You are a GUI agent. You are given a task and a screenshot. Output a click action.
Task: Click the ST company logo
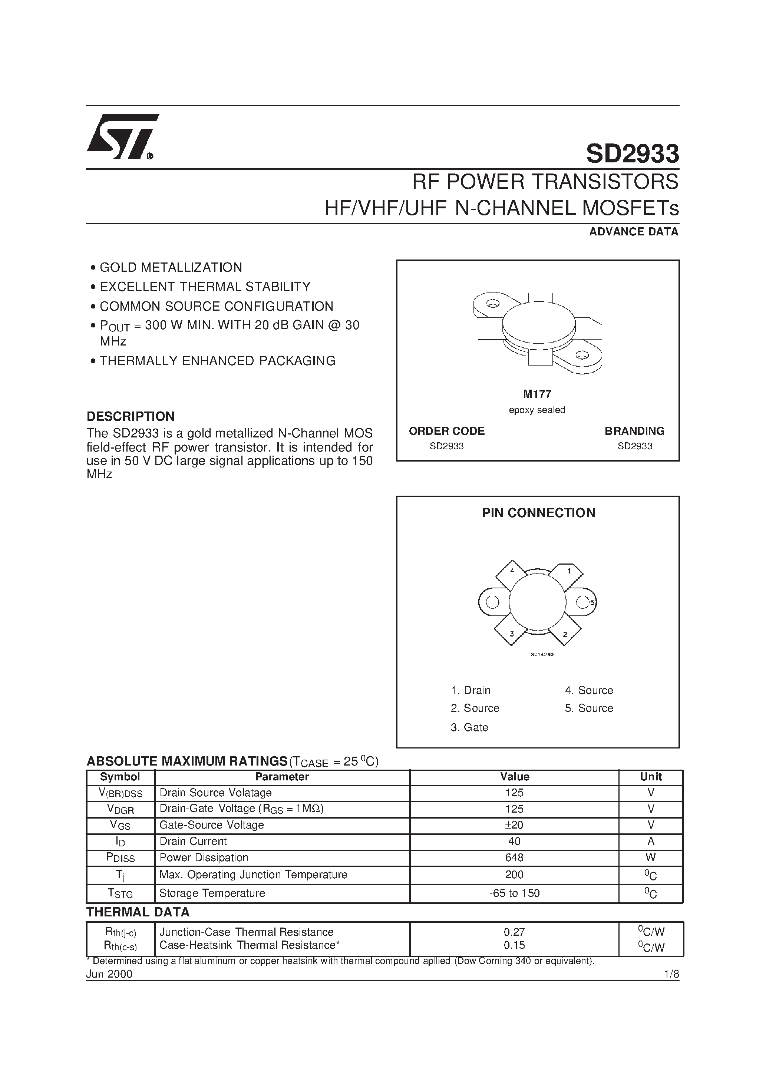(x=122, y=136)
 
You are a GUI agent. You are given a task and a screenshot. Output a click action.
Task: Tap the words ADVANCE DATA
(x=633, y=232)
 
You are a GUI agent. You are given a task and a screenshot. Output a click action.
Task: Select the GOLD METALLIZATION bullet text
(x=171, y=268)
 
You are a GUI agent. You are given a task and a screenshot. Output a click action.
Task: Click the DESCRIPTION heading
(x=131, y=416)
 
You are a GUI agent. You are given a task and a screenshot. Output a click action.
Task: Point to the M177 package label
(x=537, y=394)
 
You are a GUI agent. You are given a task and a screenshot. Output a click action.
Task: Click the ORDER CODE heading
(x=446, y=431)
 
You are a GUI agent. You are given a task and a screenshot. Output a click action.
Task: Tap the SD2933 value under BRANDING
(x=634, y=446)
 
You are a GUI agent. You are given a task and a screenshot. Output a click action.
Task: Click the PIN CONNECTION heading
(x=538, y=513)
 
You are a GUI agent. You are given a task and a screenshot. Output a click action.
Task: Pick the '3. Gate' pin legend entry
(x=469, y=727)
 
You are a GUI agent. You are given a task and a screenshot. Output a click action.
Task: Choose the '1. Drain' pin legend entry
(x=471, y=690)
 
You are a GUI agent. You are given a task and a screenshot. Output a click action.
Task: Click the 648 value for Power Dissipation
(x=514, y=857)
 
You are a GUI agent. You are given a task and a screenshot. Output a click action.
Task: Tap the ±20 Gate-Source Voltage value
(x=514, y=825)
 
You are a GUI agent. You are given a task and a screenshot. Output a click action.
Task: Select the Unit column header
(x=650, y=777)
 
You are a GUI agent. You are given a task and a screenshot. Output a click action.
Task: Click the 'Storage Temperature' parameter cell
(x=212, y=893)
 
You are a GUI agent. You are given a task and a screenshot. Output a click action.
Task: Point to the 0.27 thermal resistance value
(x=514, y=932)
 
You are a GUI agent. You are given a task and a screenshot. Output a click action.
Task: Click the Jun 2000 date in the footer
(x=109, y=974)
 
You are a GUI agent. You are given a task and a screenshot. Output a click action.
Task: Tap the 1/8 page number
(x=671, y=974)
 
